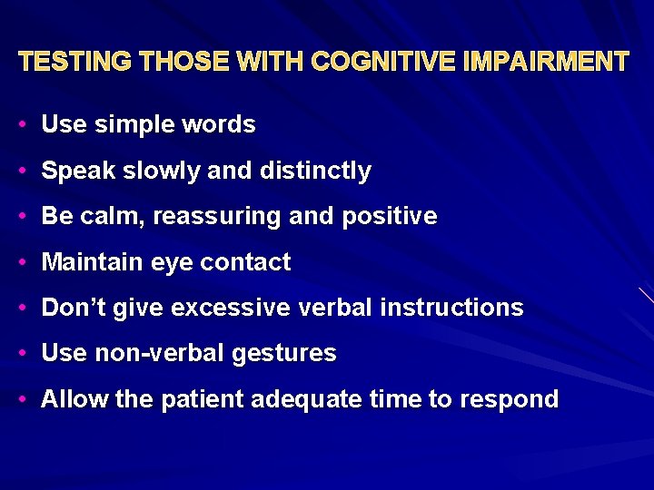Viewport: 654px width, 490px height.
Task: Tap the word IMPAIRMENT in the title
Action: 546,62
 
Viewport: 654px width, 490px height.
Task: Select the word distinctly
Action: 315,171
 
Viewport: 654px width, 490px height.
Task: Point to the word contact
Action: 245,262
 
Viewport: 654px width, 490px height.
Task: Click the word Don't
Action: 71,308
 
